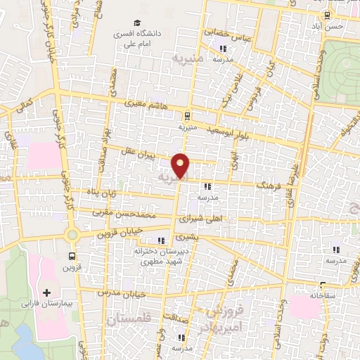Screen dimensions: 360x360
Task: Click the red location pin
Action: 181,166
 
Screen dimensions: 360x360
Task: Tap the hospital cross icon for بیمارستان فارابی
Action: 48,292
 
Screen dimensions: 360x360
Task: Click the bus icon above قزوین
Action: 72,257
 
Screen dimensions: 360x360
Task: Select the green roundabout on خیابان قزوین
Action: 72,235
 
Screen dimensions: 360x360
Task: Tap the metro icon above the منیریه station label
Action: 187,116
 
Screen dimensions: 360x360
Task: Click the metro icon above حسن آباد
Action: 327,15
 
